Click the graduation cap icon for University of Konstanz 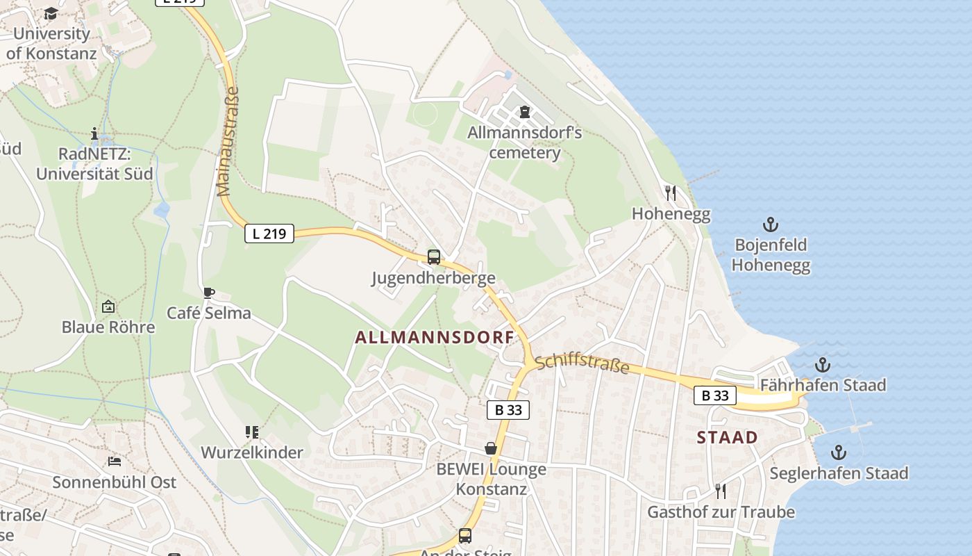tap(51, 14)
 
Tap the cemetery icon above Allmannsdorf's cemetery tap(524, 112)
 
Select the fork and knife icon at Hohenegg tap(671, 193)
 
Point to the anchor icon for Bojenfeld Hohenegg tap(771, 224)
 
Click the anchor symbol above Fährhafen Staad tap(823, 364)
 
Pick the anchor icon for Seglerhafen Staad tap(839, 453)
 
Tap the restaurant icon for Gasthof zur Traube tap(721, 491)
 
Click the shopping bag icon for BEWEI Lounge tap(491, 448)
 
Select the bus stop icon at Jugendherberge tap(434, 257)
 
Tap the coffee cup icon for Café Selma tap(208, 293)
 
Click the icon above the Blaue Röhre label tap(108, 306)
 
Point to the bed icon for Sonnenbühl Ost tap(115, 461)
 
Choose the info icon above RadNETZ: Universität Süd tap(94, 133)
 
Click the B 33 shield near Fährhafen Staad tap(715, 395)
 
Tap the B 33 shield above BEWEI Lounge tap(508, 410)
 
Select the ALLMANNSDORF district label tap(435, 338)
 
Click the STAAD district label tap(727, 437)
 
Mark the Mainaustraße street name tap(228, 141)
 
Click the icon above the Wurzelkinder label tap(252, 432)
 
